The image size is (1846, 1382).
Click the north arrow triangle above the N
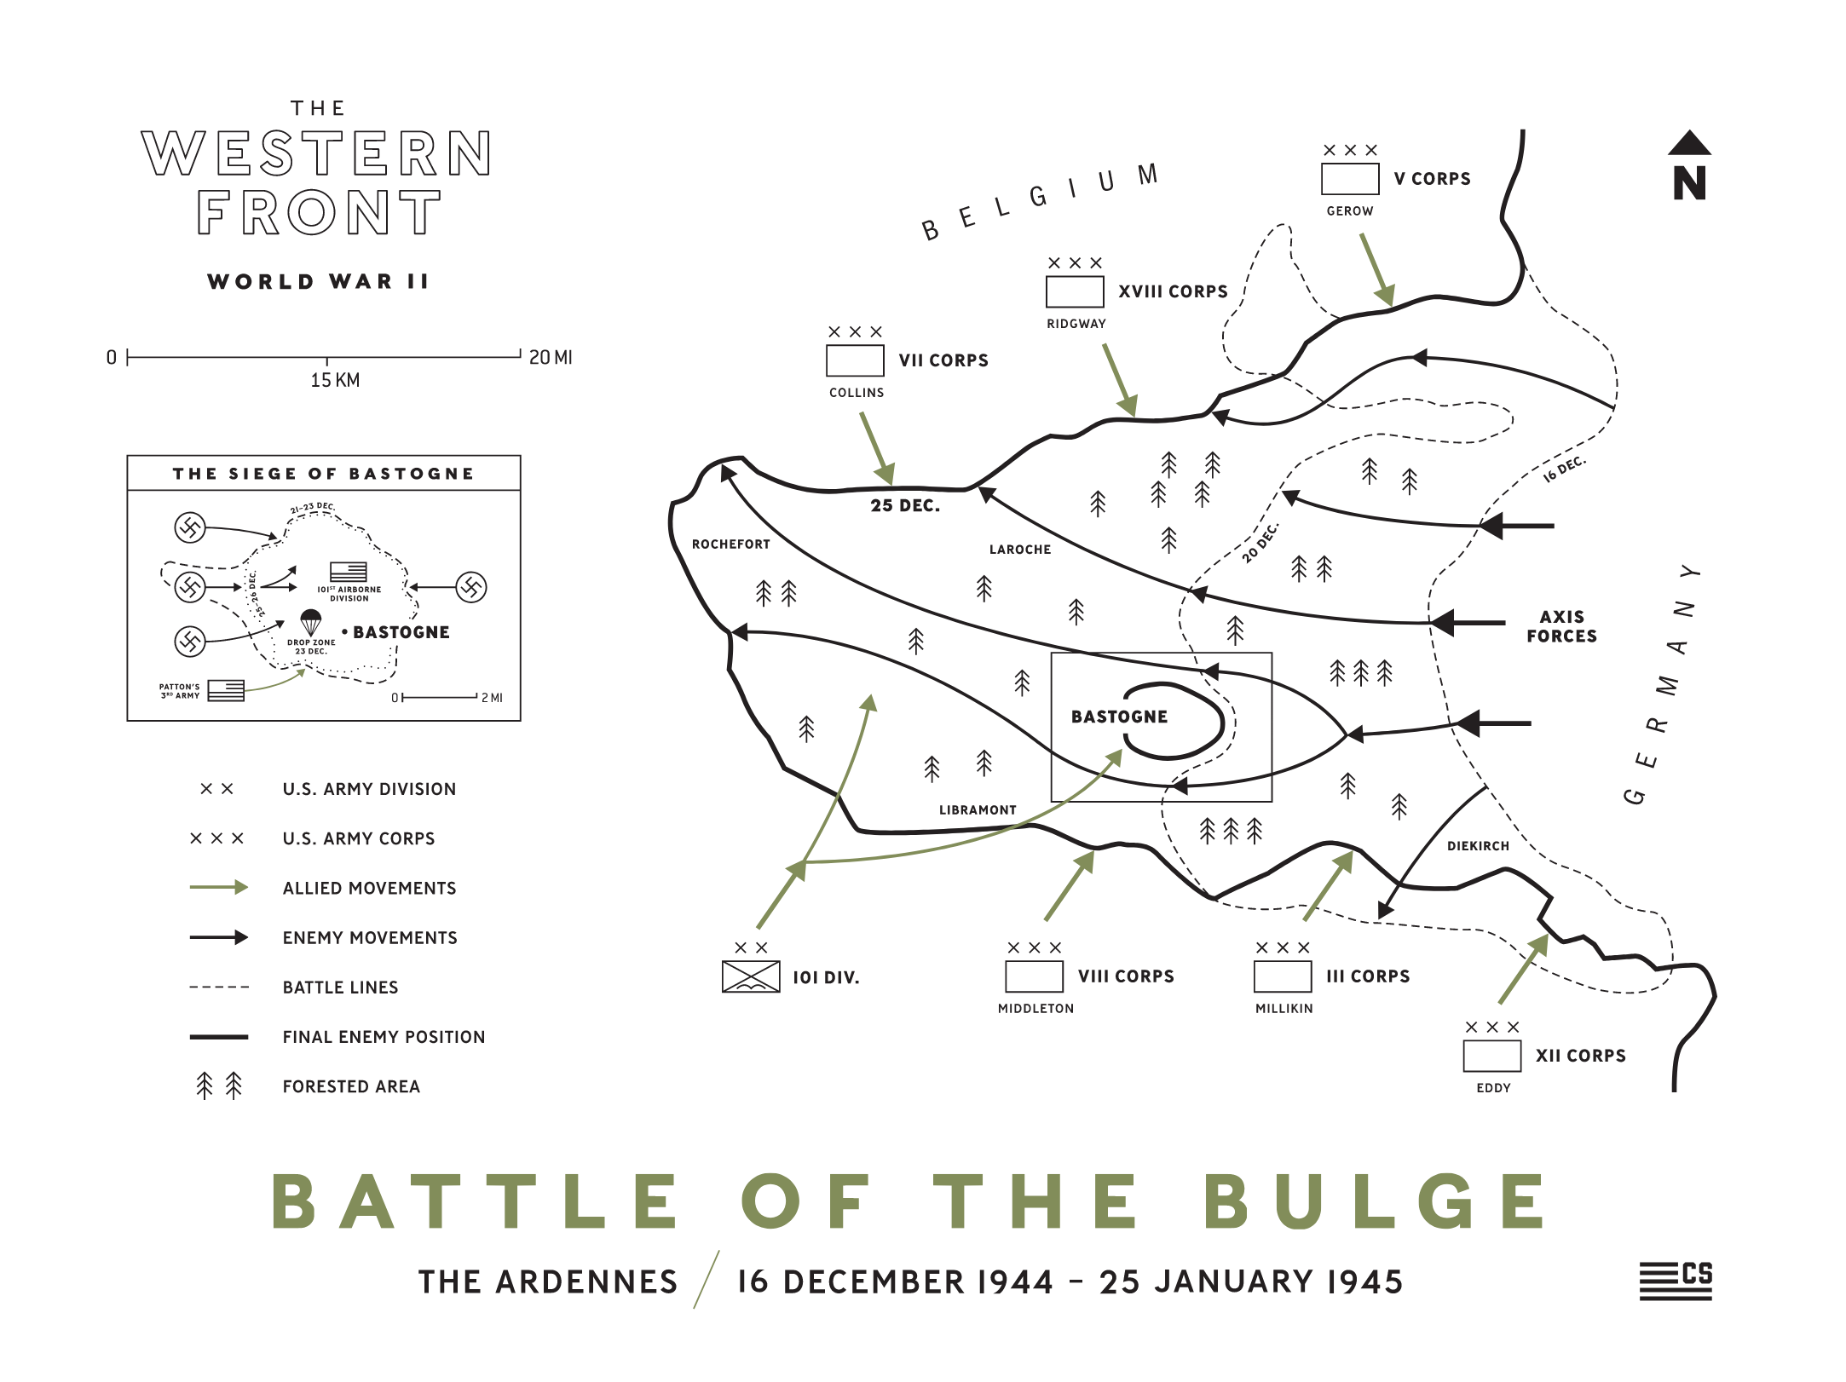click(1688, 144)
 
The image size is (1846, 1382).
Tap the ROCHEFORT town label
click(730, 544)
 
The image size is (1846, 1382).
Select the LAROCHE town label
click(1019, 550)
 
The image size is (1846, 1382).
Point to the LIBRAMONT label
click(977, 810)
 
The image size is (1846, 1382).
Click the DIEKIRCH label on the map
click(1477, 846)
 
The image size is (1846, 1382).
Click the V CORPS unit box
click(1349, 179)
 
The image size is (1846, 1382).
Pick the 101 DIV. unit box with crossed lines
click(750, 976)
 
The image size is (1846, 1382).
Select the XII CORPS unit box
click(1491, 1056)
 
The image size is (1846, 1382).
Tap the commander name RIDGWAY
click(1076, 324)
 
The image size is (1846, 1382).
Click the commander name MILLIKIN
click(1284, 1009)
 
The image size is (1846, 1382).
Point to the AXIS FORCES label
click(1561, 626)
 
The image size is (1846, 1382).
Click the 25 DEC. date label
click(905, 505)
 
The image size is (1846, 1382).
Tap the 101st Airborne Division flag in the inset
click(348, 572)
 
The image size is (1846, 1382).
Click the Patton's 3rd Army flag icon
click(226, 690)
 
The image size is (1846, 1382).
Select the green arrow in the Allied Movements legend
click(218, 888)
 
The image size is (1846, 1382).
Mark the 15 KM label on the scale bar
click(335, 380)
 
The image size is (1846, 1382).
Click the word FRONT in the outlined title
click(319, 213)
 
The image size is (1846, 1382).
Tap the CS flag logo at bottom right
click(1676, 1281)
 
